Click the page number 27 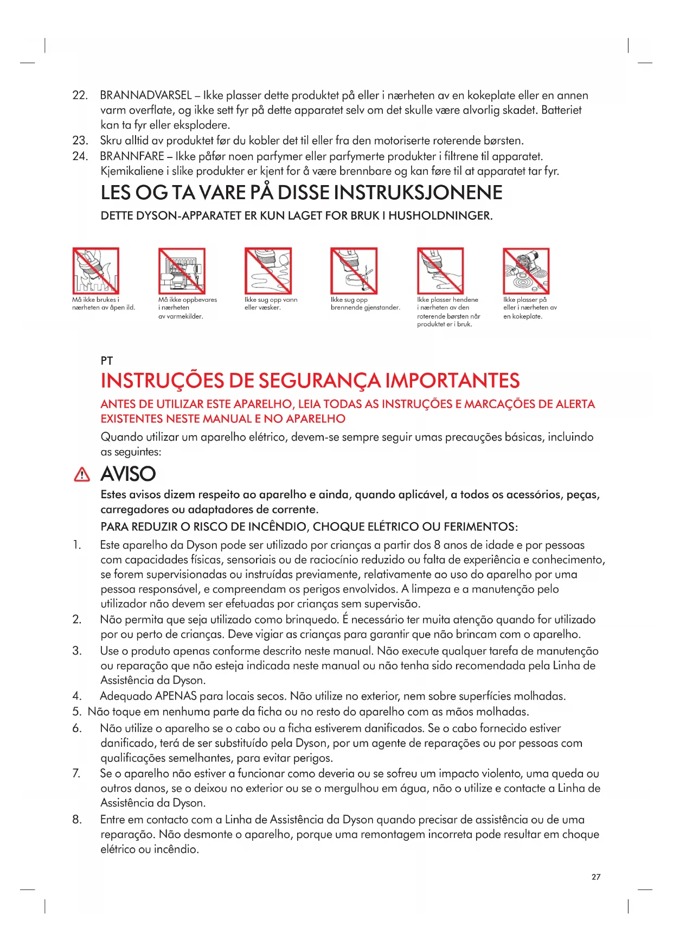click(x=596, y=877)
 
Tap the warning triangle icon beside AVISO click(x=81, y=475)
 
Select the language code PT click(x=107, y=361)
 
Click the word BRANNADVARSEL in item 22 click(x=146, y=96)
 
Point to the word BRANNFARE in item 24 click(x=132, y=156)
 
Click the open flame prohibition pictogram click(x=96, y=271)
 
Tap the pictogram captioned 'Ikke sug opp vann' click(x=268, y=271)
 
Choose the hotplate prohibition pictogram click(x=526, y=271)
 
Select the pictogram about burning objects click(x=354, y=271)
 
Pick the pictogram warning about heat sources click(x=182, y=271)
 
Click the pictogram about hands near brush click(x=440, y=271)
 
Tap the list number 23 click(x=80, y=141)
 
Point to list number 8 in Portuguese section click(x=77, y=820)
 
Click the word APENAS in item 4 click(x=176, y=696)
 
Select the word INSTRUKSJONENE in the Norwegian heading click(x=418, y=193)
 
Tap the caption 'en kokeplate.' click(x=523, y=316)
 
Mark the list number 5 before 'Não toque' click(x=76, y=712)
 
